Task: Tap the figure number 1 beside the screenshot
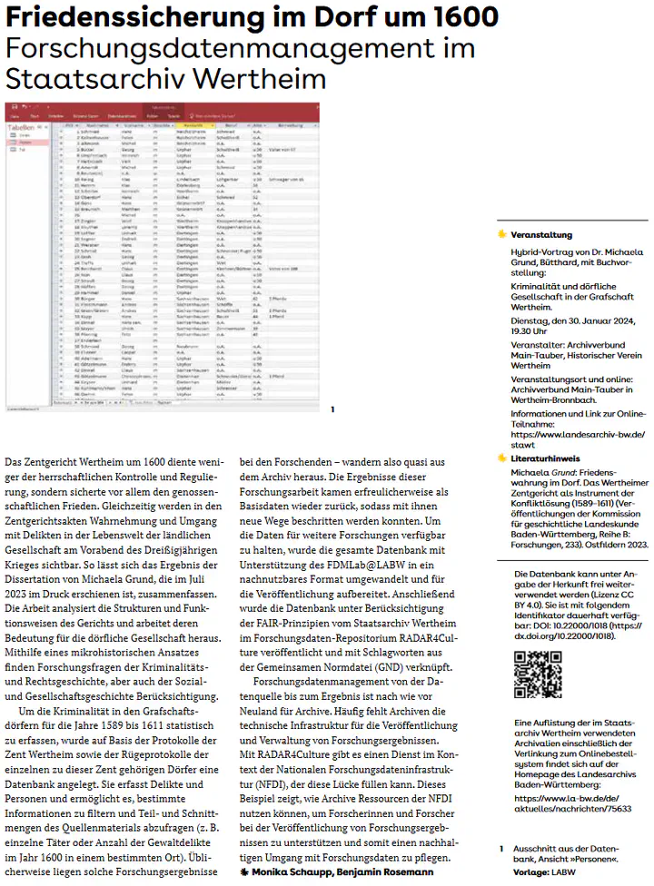pyautogui.click(x=333, y=409)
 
